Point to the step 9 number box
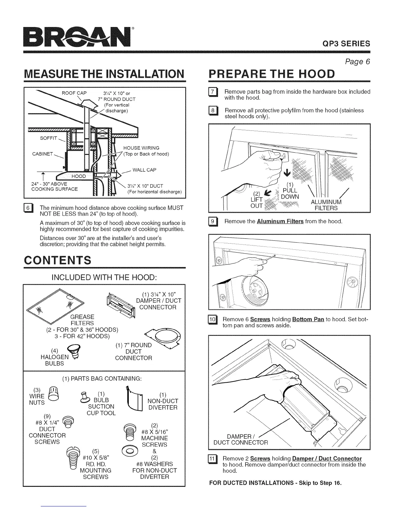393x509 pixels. (x=213, y=222)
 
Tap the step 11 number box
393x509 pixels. (x=213, y=459)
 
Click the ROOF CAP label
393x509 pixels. (x=74, y=93)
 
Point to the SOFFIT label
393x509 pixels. (x=48, y=138)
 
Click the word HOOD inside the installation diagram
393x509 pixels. (x=78, y=176)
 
